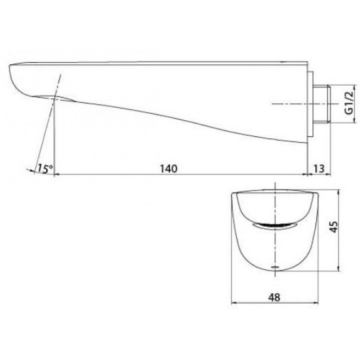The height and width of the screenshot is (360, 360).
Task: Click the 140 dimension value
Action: [166, 168]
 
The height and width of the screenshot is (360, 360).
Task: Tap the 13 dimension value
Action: [319, 168]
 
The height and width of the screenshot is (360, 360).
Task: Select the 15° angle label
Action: [44, 168]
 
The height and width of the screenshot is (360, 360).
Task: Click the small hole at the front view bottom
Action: [275, 268]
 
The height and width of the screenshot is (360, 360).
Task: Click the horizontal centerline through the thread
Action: [292, 104]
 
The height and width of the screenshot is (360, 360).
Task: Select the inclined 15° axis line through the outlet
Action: [49, 126]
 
